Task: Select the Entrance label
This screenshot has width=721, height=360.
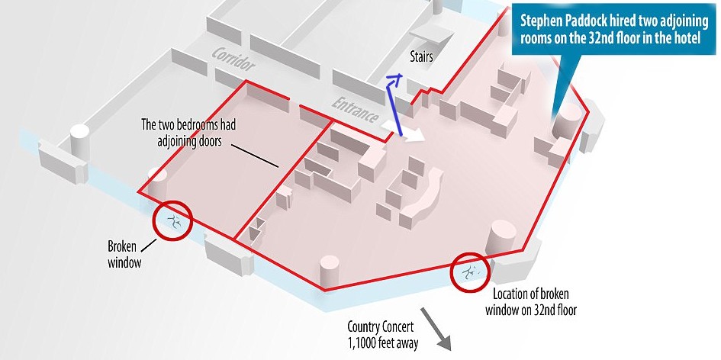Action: [x=355, y=111]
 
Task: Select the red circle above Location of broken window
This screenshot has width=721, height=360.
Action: [x=470, y=272]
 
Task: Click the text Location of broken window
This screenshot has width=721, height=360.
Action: [x=531, y=303]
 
